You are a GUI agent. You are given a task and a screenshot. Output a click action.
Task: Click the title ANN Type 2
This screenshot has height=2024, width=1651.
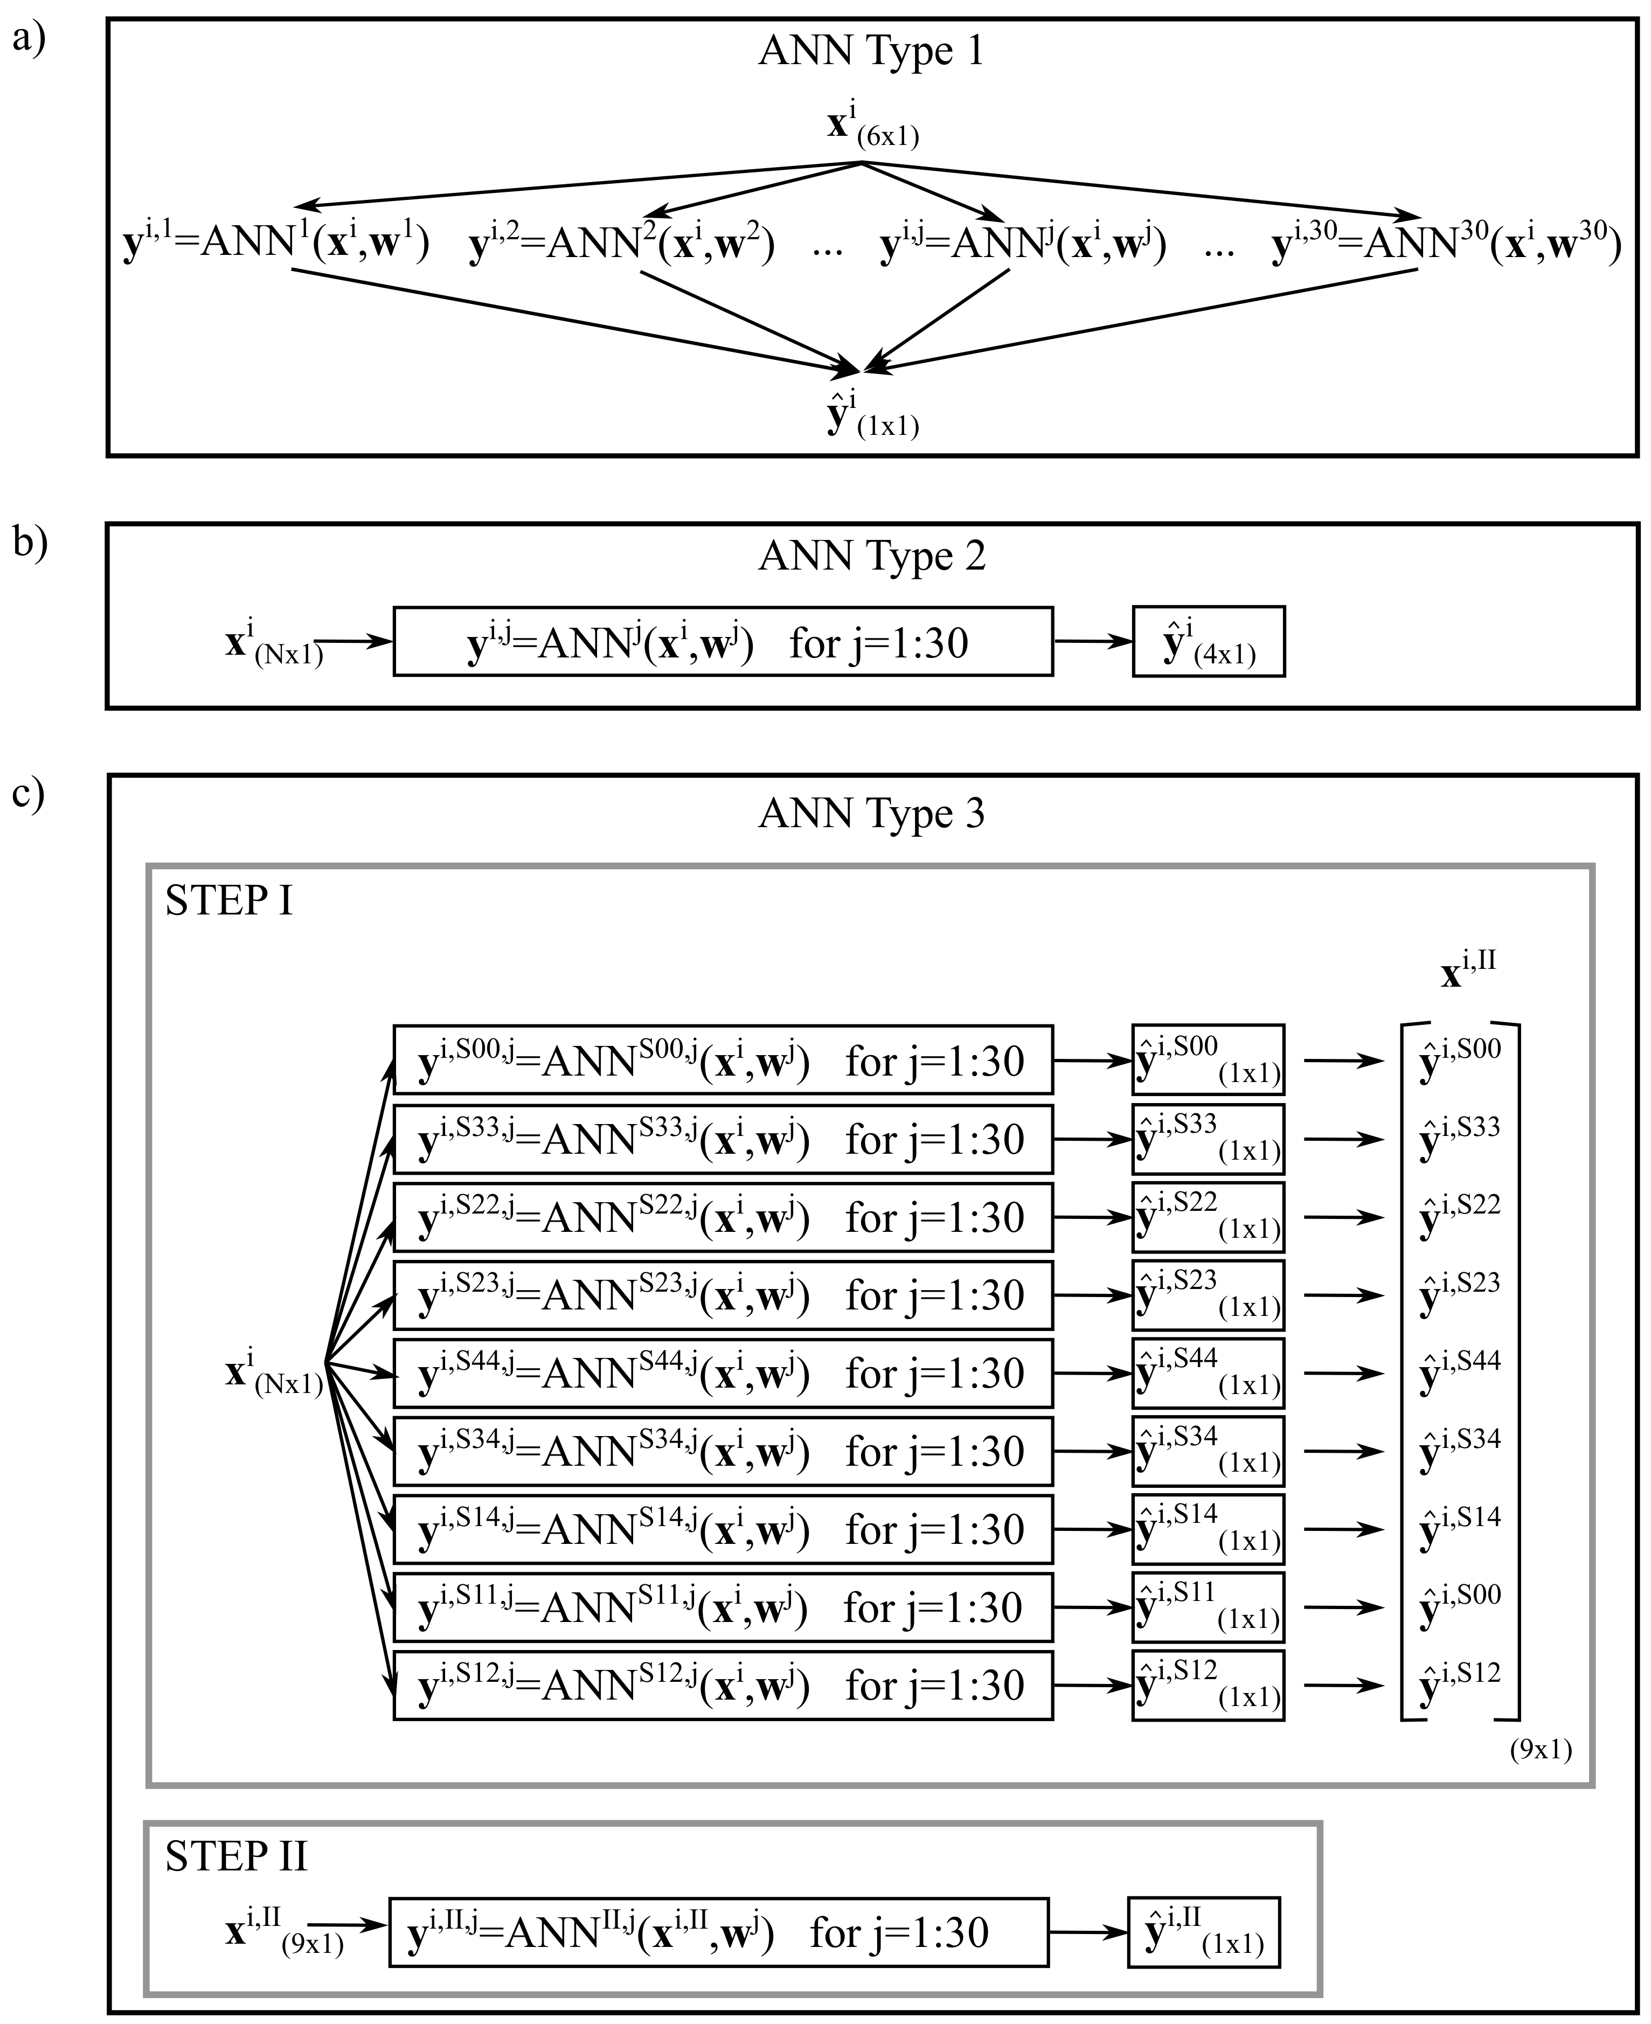point(871,557)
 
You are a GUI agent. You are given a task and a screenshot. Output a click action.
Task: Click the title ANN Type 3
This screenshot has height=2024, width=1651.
point(871,814)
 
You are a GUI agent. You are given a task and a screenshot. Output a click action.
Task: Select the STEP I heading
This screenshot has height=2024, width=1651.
point(228,900)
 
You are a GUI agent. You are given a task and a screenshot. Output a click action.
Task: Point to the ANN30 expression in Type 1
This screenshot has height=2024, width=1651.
point(1446,245)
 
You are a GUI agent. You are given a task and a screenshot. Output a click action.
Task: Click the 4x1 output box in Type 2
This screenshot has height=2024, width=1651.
point(1208,642)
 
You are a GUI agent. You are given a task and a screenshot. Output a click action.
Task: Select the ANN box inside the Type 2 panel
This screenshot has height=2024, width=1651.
point(723,642)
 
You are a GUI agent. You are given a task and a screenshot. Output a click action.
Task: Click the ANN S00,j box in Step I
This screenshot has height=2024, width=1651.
point(723,1059)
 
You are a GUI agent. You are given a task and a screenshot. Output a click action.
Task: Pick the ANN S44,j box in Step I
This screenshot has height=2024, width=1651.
point(723,1373)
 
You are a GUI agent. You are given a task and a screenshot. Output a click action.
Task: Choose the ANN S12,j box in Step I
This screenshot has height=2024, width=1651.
point(723,1686)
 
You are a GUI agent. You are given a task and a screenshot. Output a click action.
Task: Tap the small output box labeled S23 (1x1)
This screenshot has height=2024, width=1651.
point(1208,1294)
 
